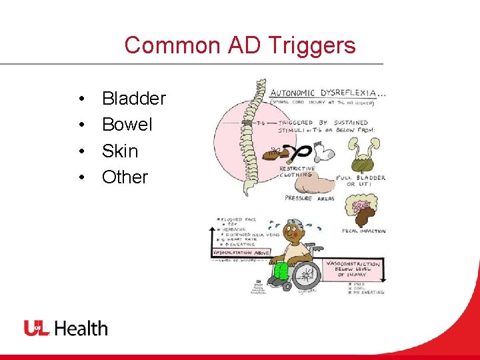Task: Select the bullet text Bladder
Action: click(x=133, y=99)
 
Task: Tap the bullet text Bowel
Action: click(x=127, y=125)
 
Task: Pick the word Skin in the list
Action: click(x=119, y=151)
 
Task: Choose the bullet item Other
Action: click(x=125, y=177)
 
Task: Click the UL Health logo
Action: click(x=66, y=328)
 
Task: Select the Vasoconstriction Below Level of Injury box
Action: click(x=354, y=269)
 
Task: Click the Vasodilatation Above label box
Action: click(x=241, y=253)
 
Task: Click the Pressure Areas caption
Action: click(x=307, y=198)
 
